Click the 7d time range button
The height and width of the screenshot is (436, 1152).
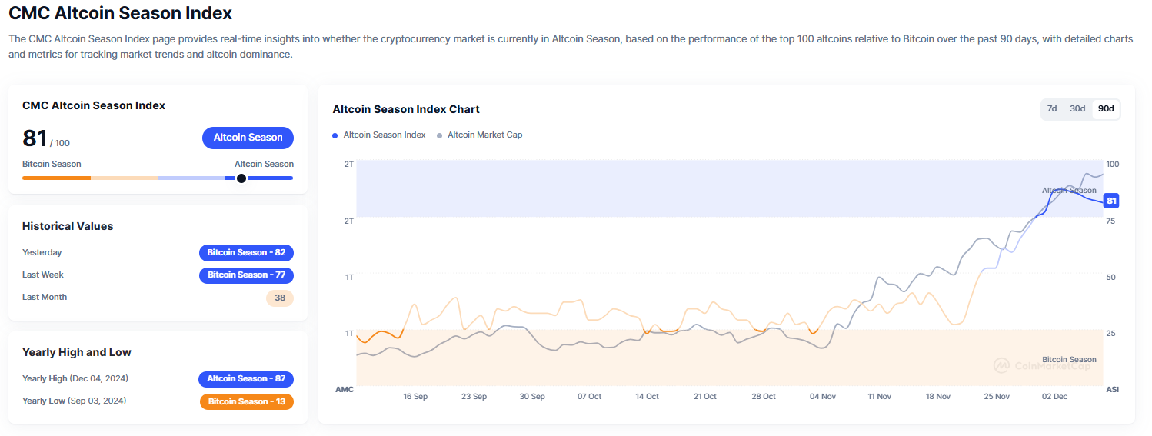[1052, 108]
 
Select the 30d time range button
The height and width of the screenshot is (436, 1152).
[1077, 108]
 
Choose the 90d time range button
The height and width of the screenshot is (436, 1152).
[1106, 108]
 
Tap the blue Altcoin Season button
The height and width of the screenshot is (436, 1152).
[248, 138]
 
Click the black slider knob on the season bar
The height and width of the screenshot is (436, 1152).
[241, 178]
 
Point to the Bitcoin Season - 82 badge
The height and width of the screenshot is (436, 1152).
[246, 252]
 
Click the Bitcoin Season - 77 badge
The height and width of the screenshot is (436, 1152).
[246, 275]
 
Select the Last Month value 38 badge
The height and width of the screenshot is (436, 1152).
[280, 298]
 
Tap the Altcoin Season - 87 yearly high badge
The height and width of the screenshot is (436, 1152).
[246, 378]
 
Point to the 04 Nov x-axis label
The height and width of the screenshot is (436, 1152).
[823, 397]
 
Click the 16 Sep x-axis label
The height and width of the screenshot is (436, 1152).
[415, 397]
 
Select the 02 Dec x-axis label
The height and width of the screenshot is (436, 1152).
[1054, 397]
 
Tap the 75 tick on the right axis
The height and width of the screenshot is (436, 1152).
[1110, 221]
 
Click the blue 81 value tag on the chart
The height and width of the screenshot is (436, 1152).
[1110, 201]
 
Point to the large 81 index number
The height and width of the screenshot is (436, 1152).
[35, 138]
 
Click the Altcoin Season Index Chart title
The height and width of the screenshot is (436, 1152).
[406, 109]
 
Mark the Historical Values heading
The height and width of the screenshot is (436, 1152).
[68, 226]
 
